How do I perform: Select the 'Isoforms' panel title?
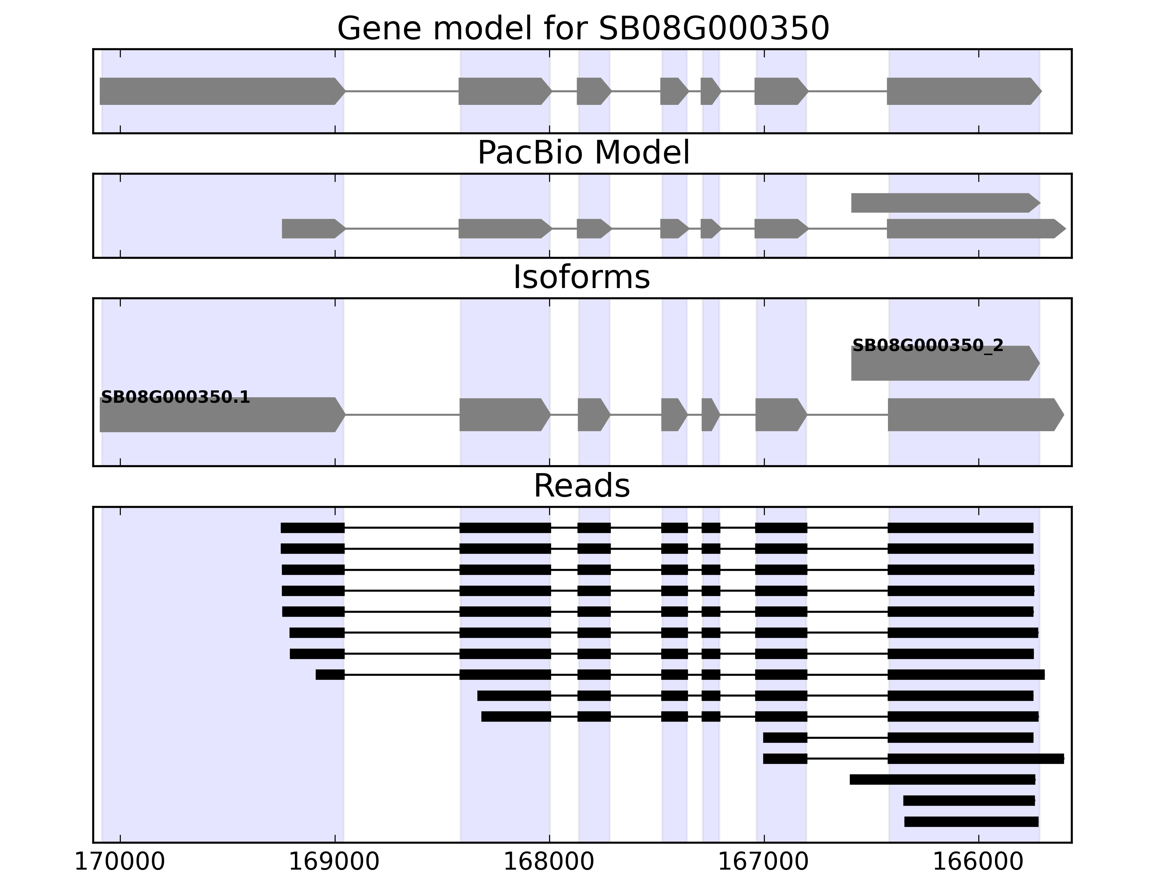point(581,277)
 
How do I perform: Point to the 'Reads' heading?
point(581,486)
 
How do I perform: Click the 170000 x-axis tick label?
point(120,862)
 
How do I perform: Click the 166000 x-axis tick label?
point(978,862)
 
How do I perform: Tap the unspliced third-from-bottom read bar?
point(942,780)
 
